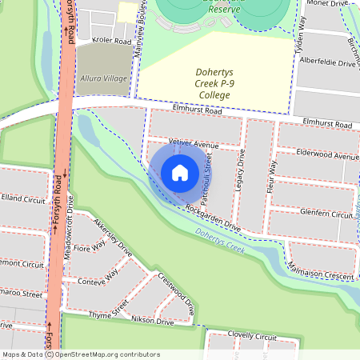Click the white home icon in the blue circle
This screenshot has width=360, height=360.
[x=180, y=172]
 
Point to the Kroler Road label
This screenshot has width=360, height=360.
[x=111, y=40]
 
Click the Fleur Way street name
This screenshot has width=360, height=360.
[x=272, y=175]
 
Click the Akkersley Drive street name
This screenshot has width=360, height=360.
[x=113, y=233]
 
